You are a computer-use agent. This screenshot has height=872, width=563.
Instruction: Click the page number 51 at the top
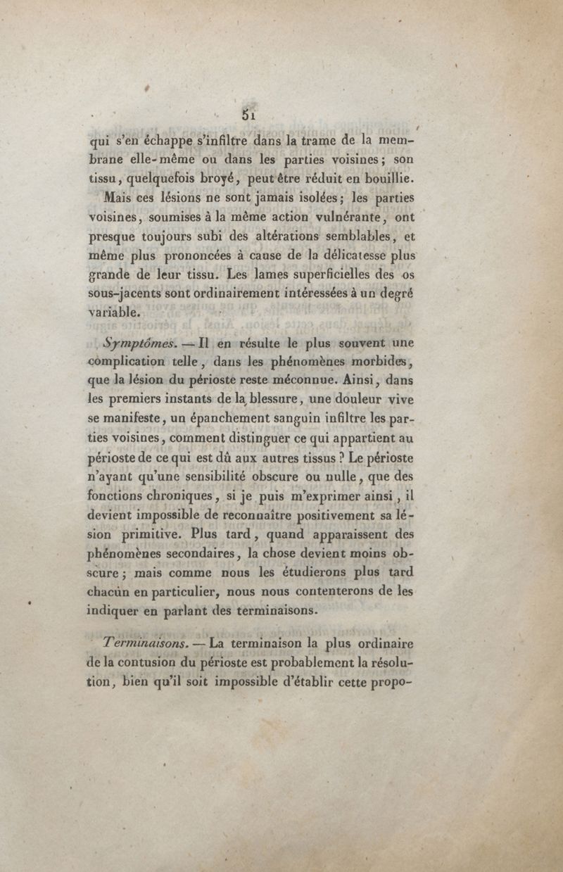pos(247,113)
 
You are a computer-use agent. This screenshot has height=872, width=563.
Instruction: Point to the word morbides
pos(377,364)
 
